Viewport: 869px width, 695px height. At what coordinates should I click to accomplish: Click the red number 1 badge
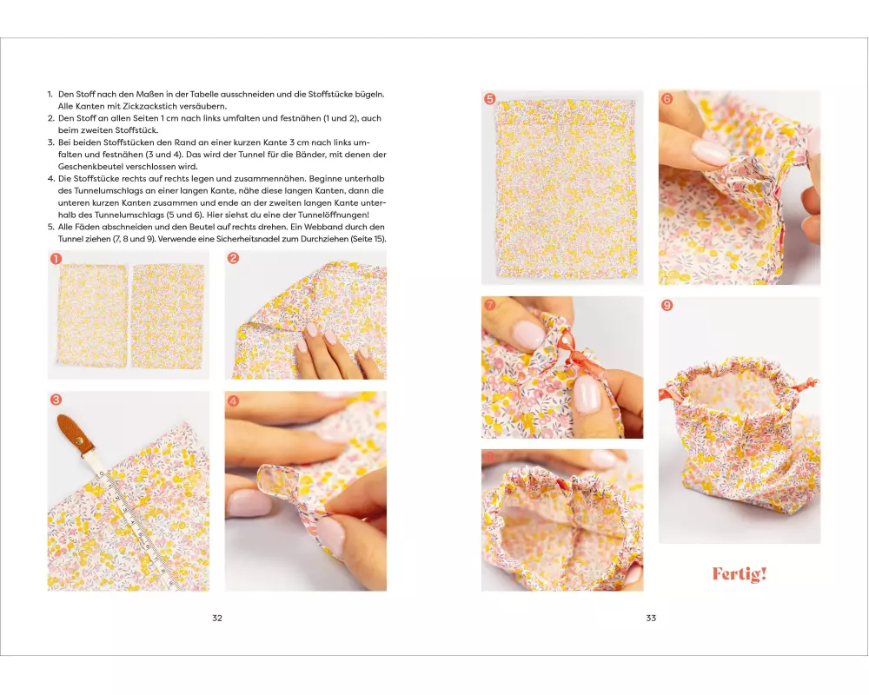click(x=56, y=258)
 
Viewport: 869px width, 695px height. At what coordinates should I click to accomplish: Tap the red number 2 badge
click(x=233, y=258)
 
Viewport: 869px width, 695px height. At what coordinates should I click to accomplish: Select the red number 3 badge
click(x=56, y=400)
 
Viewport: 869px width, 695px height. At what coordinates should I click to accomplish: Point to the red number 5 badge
click(x=489, y=99)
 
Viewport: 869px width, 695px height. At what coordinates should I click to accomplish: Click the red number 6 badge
click(x=667, y=99)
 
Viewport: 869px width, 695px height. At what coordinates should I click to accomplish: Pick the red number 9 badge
click(x=667, y=305)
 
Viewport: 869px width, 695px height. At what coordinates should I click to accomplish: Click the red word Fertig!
click(x=740, y=573)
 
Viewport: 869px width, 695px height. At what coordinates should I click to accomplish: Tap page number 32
click(x=217, y=618)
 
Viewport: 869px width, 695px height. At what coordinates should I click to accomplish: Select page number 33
click(x=651, y=618)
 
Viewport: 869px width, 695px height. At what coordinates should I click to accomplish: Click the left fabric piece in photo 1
click(x=92, y=316)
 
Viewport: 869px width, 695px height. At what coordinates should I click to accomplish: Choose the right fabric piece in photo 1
click(x=168, y=316)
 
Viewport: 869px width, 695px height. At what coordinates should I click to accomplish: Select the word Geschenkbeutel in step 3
click(x=86, y=166)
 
